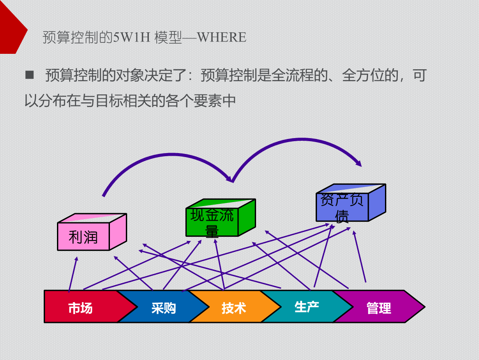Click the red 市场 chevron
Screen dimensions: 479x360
click(x=81, y=307)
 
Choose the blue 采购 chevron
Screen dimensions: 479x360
click(x=163, y=307)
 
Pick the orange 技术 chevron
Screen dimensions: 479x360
click(x=234, y=307)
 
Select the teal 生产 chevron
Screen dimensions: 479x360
click(x=306, y=307)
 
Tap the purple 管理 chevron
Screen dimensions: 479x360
click(x=378, y=307)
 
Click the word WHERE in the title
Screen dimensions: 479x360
click(x=222, y=37)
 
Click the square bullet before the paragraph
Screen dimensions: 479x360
click(x=30, y=75)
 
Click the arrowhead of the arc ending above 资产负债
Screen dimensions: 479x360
click(x=359, y=163)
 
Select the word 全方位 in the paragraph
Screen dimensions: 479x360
click(x=364, y=75)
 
